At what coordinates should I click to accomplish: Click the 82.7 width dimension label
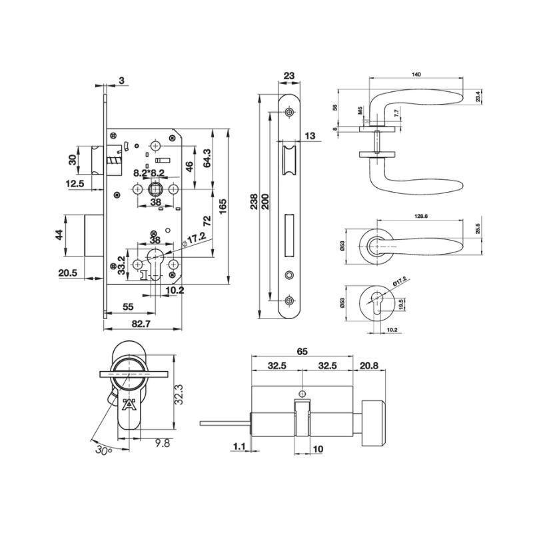pos(141,324)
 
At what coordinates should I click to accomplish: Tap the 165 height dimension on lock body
pos(223,207)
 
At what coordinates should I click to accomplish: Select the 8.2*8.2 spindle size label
pos(149,173)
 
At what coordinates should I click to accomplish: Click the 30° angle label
pos(104,450)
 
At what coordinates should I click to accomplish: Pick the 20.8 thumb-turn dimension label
pos(369,366)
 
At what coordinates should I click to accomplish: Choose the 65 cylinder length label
pos(302,352)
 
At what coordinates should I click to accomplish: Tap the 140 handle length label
pos(416,74)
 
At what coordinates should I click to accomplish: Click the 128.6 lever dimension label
pos(421,216)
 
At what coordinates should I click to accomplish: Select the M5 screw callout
pos(360,110)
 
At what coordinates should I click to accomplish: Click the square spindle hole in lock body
pos(156,189)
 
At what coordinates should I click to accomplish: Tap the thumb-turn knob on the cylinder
pos(373,423)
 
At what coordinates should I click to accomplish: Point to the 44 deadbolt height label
pos(59,235)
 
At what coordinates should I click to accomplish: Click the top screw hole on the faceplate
pos(289,112)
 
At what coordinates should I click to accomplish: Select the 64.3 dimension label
pos(207,158)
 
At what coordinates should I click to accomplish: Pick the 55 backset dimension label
pos(128,307)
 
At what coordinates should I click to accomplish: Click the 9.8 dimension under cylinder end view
pos(163,443)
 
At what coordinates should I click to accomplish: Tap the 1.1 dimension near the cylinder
pos(239,446)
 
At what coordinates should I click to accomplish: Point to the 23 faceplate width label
pos(289,75)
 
